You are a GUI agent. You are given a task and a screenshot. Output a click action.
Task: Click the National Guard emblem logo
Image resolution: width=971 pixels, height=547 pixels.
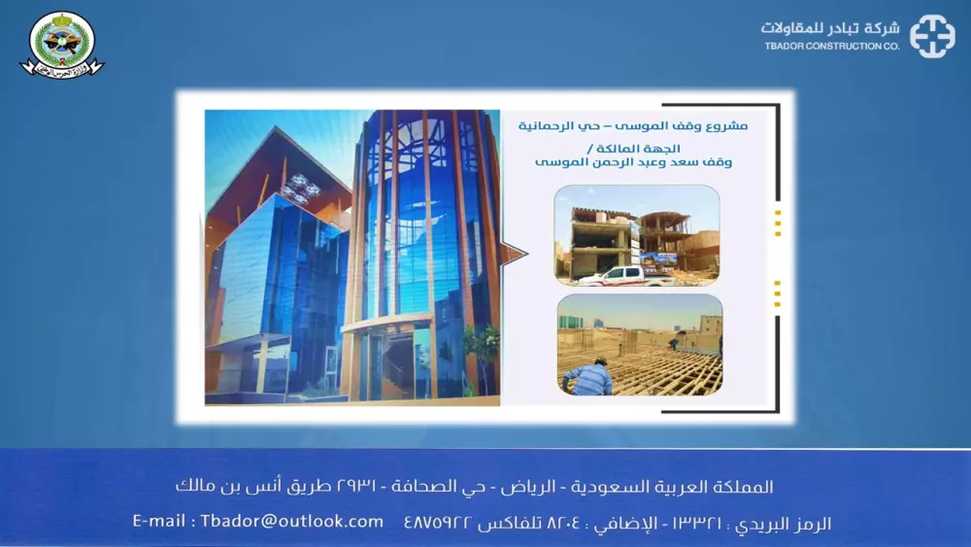(62, 44)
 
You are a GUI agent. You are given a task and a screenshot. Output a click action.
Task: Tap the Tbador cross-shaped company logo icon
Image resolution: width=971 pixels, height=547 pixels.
(932, 36)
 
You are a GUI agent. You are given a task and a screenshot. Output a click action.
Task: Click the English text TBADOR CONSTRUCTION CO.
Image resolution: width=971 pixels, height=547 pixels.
(831, 47)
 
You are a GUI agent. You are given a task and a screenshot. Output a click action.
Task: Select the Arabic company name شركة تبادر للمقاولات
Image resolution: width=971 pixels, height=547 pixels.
(831, 28)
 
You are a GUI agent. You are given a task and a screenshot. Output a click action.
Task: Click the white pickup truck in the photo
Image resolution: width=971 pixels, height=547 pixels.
(626, 275)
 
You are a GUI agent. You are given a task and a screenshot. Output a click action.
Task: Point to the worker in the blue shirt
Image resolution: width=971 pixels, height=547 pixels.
(588, 377)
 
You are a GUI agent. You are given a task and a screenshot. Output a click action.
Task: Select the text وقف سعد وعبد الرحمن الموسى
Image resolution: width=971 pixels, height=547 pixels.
(634, 162)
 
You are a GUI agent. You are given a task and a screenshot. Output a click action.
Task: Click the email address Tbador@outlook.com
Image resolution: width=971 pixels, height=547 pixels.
(292, 522)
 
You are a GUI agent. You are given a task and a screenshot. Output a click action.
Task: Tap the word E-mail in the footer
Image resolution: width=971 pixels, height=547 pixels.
(160, 522)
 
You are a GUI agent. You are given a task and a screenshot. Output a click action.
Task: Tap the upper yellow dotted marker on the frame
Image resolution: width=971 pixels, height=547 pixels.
(778, 222)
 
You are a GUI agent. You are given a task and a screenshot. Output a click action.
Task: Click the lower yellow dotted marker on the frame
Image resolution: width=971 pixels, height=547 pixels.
(778, 292)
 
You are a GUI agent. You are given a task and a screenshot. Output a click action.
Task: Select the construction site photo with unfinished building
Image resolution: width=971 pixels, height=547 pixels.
(637, 235)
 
